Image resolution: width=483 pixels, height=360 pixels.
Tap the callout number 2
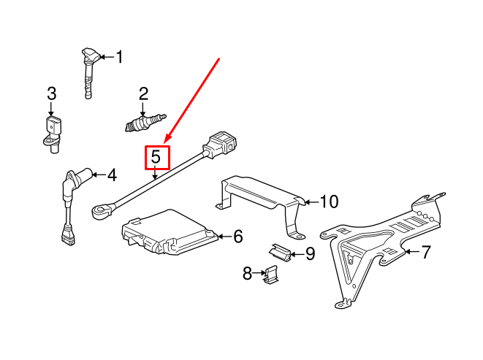pyautogui.click(x=143, y=93)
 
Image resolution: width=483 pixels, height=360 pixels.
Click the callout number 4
pyautogui.click(x=111, y=175)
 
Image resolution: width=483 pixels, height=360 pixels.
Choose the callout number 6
pyautogui.click(x=237, y=236)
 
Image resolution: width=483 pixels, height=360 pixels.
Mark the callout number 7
pyautogui.click(x=426, y=253)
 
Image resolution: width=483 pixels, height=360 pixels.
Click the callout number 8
pyautogui.click(x=247, y=273)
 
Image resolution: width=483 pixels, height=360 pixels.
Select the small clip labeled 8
pyautogui.click(x=273, y=275)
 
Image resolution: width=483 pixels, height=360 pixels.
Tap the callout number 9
pyautogui.click(x=310, y=254)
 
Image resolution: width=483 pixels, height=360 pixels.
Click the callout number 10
pyautogui.click(x=329, y=201)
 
